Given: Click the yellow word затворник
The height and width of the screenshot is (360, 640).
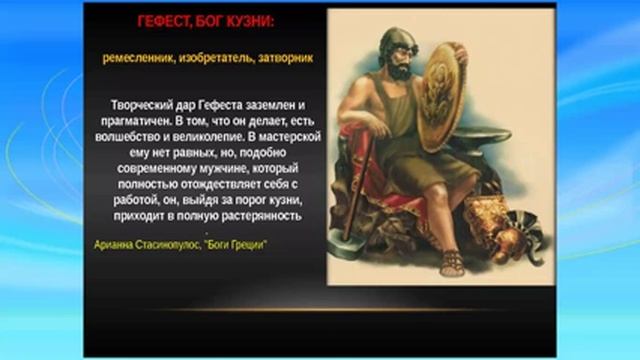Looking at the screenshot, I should [x=287, y=58].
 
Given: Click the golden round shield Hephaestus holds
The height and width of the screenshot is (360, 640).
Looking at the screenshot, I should [x=441, y=107].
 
